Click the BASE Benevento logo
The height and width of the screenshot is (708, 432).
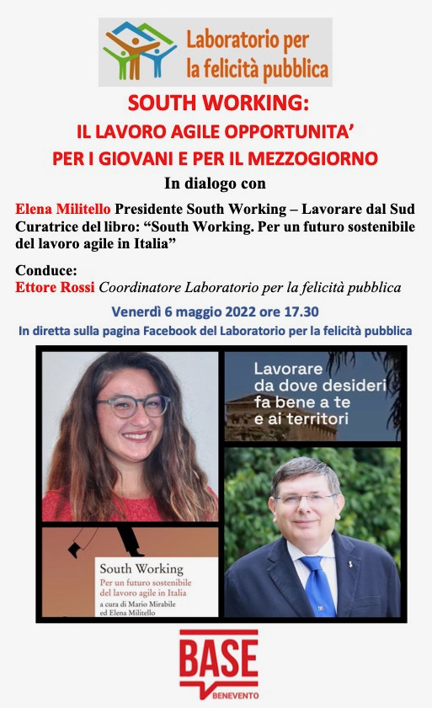[x=218, y=663]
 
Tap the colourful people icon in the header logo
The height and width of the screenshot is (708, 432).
[x=140, y=51]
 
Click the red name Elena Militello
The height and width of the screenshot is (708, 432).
[x=63, y=207]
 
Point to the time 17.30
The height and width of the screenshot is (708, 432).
[x=297, y=311]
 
